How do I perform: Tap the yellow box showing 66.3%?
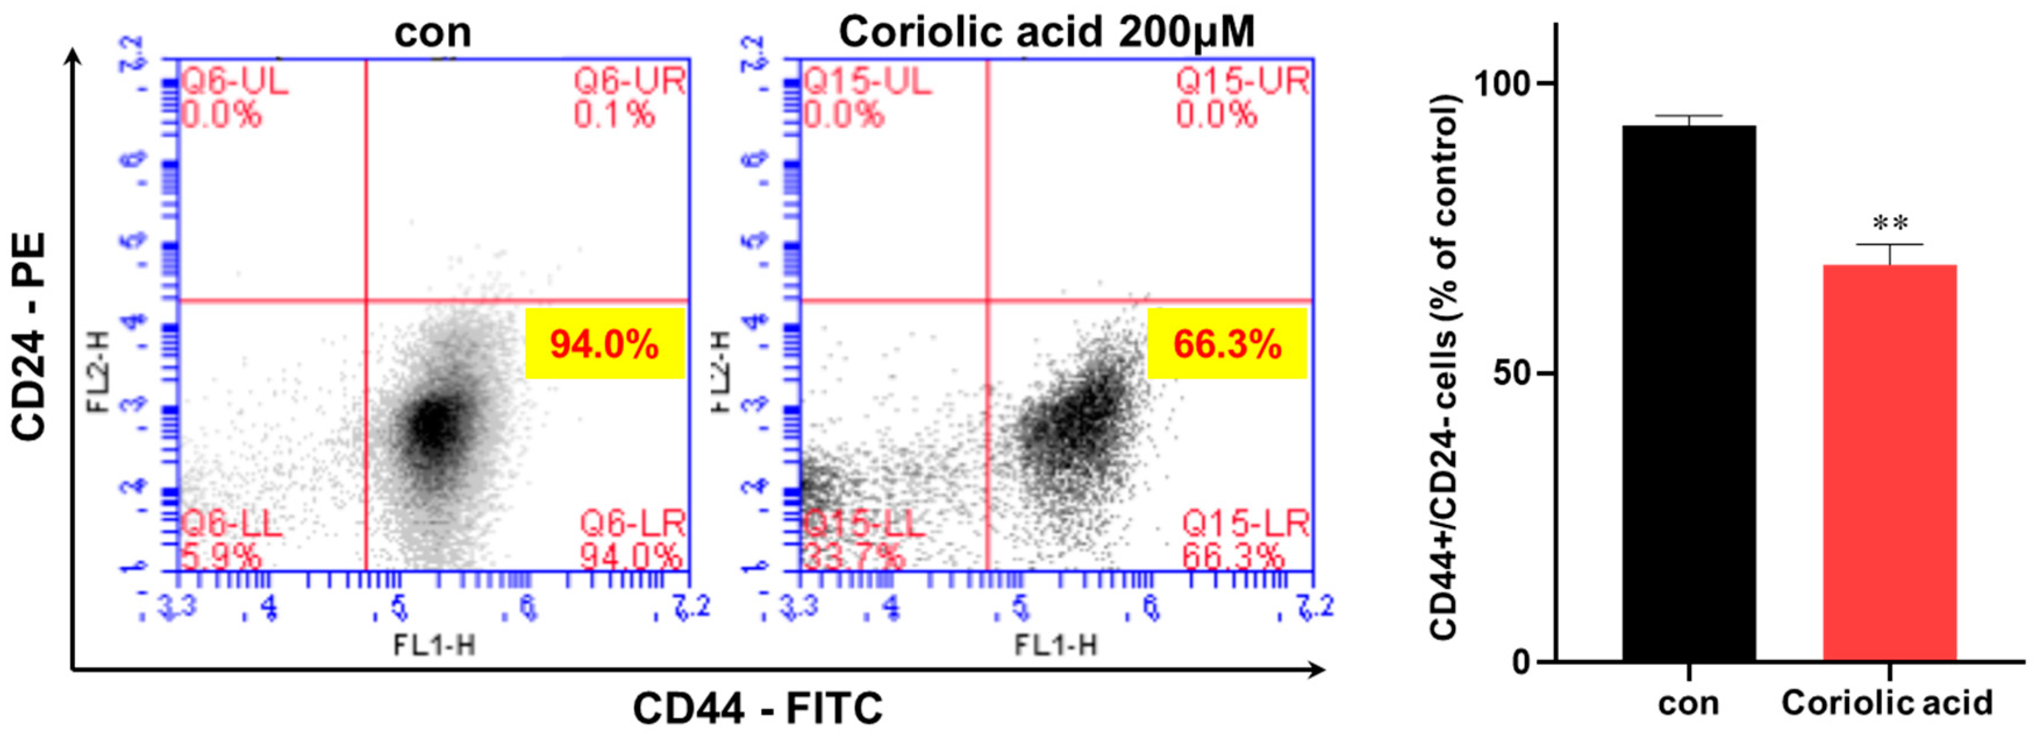coord(1227,344)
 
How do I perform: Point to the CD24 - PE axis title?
coord(30,335)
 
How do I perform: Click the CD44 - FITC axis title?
coord(757,708)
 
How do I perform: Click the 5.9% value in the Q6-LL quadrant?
coord(221,557)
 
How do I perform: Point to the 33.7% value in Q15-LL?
coord(854,557)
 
